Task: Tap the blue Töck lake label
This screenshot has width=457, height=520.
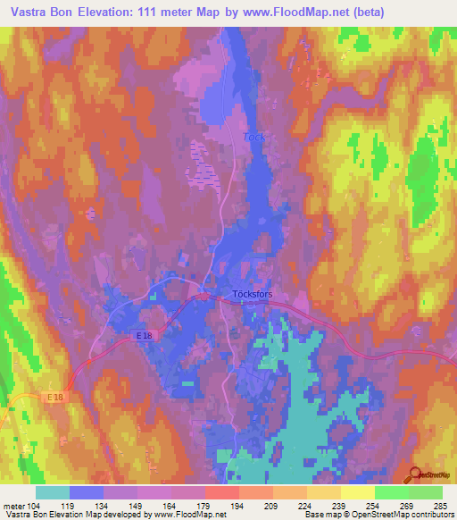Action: click(x=254, y=137)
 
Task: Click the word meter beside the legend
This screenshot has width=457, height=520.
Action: click(x=13, y=506)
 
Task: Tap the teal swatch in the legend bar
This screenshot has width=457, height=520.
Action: click(x=53, y=492)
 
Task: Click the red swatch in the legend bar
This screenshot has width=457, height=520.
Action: click(x=221, y=492)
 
